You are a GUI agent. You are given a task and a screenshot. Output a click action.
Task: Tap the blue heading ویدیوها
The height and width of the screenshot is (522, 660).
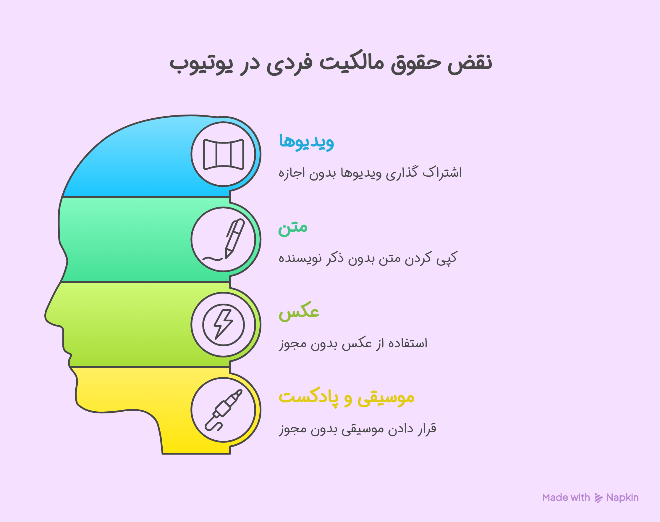point(306,141)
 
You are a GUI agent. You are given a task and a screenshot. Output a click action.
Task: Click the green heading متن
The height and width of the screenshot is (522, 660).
point(292,227)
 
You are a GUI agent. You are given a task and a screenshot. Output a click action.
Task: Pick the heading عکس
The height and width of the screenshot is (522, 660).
point(299,312)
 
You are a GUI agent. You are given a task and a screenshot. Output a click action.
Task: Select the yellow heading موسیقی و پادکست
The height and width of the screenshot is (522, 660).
point(346,397)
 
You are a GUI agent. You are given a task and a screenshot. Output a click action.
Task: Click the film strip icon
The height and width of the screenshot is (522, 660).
point(223,154)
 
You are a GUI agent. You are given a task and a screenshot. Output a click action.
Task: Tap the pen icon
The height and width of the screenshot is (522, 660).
point(234,238)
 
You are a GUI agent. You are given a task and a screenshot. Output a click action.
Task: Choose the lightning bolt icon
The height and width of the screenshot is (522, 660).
point(223,325)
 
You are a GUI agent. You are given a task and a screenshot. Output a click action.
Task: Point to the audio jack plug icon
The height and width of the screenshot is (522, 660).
point(223,410)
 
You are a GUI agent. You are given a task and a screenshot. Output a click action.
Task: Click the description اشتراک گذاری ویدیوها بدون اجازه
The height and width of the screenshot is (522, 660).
point(370,173)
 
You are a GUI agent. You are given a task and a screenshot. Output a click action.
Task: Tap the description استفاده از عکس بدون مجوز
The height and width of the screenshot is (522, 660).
point(353,343)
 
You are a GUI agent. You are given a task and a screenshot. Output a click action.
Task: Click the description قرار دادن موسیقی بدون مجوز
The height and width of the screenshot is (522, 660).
point(357,428)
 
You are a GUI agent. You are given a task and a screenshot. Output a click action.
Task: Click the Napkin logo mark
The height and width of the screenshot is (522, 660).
point(598,498)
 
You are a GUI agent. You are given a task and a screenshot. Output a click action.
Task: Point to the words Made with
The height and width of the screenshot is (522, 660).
point(566,497)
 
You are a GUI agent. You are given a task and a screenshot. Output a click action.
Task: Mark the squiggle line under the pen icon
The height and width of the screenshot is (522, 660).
point(213,259)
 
